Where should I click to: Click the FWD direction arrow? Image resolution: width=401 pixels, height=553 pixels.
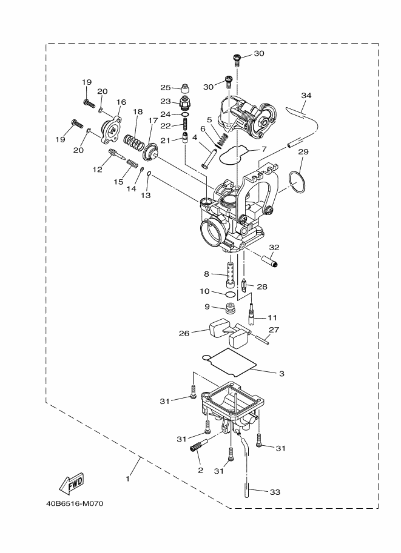71,483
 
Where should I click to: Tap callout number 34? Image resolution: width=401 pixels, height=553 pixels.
306,96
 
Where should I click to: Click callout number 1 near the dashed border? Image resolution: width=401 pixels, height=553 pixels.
127,478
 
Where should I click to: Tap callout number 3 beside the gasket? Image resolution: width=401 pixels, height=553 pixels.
281,373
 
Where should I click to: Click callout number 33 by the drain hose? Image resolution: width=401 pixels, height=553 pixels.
274,492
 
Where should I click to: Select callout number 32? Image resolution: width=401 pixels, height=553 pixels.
274,248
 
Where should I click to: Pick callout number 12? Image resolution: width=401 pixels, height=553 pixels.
97,170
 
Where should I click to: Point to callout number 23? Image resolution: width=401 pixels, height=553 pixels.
166,101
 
